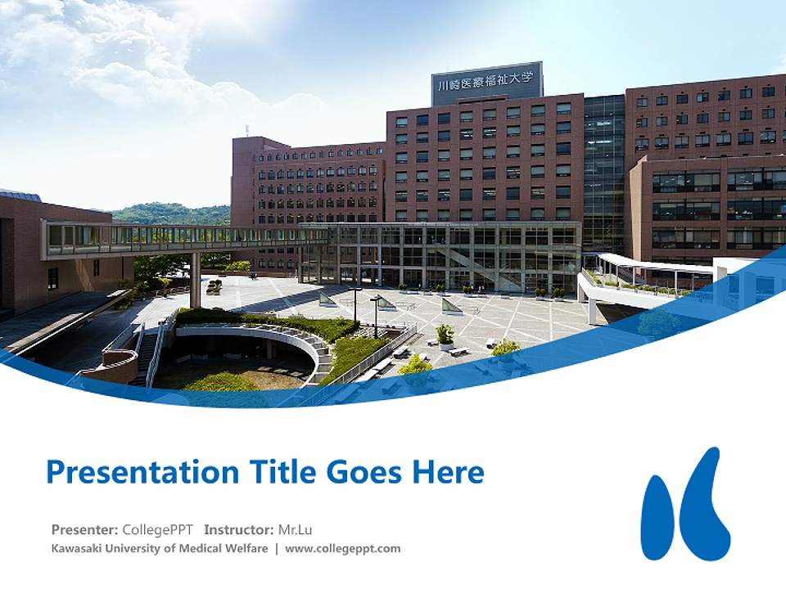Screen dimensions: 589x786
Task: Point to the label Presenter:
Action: point(85,529)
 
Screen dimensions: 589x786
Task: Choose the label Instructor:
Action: point(239,529)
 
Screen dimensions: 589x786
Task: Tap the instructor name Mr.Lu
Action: point(296,529)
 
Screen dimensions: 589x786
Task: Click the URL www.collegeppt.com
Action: point(343,548)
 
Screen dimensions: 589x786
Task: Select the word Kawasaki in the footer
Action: point(76,548)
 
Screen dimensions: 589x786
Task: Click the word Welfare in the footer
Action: point(246,548)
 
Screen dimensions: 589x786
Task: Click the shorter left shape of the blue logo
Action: point(658,517)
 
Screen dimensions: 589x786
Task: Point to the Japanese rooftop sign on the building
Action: point(486,83)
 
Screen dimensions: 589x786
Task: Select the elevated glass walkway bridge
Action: point(180,238)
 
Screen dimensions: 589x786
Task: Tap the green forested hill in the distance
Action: point(172,214)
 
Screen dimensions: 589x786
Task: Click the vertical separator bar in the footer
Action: point(277,548)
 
